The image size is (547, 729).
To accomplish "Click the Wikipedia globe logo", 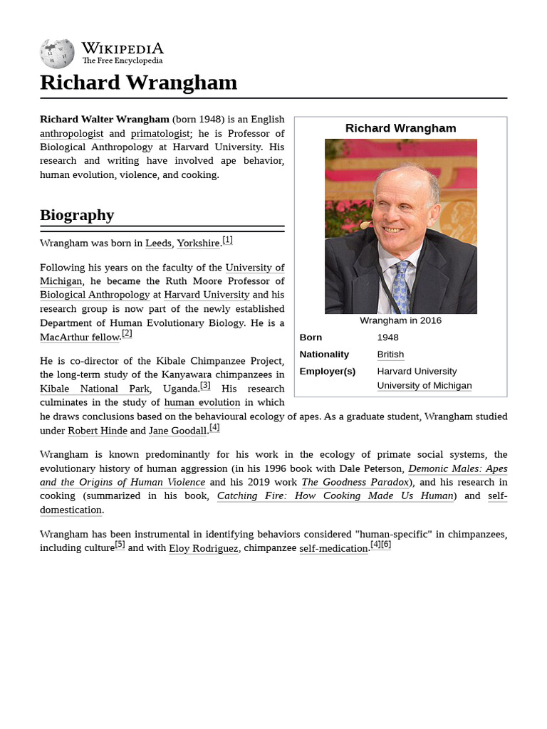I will (57, 54).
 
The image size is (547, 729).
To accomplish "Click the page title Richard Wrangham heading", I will (138, 83).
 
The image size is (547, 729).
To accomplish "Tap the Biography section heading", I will (77, 215).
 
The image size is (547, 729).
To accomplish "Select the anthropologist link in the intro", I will (71, 133).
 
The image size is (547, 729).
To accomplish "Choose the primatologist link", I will (160, 133).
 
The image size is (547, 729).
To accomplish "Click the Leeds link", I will (158, 243).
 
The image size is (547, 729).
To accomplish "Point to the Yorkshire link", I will (198, 243).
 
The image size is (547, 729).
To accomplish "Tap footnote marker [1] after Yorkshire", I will (227, 240).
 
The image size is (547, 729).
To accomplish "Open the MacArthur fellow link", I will (79, 337).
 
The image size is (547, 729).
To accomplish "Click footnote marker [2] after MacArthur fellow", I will (127, 333).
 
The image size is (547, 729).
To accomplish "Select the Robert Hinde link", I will (97, 431).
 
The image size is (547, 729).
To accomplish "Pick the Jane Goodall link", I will (178, 431).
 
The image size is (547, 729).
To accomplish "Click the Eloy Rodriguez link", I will (203, 549).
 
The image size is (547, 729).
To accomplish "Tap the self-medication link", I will (333, 549).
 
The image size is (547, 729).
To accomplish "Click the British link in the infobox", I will (390, 355).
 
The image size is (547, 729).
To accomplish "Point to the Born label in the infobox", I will (311, 337).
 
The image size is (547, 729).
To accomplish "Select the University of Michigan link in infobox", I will (424, 386).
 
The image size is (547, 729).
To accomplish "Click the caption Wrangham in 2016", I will (400, 320).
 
